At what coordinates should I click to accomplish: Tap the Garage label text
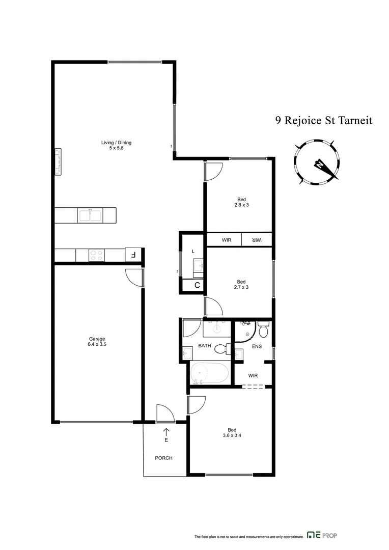97,341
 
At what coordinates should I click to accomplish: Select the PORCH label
163,458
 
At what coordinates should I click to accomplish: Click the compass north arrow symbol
319,164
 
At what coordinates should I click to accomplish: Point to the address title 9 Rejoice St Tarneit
324,121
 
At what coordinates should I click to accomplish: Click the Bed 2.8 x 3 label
241,202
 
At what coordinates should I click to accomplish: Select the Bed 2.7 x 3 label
241,284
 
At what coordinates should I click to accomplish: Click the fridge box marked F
132,255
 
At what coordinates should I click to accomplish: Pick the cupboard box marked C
197,286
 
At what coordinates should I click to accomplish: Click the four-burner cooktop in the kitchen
97,255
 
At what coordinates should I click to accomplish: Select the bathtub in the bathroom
210,374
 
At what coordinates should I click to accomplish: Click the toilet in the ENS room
263,331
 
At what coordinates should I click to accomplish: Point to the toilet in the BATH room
221,350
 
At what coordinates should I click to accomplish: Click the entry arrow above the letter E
166,432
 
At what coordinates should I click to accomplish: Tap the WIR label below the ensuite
253,376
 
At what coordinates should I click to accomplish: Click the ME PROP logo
322,535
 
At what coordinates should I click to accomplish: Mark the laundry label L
193,252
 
